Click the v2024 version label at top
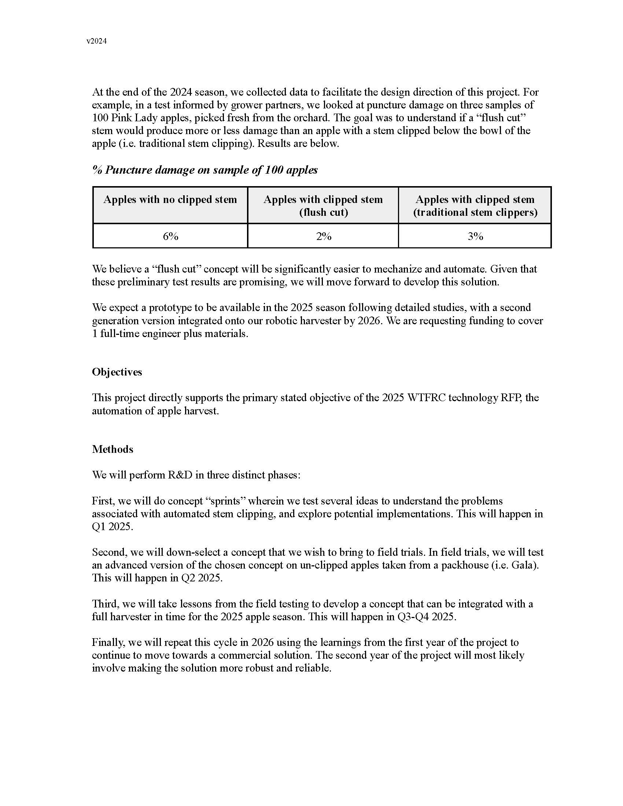97,41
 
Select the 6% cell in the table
170,236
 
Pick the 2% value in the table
324,236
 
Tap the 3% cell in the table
475,236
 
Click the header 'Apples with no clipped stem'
170,200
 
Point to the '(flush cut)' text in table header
324,212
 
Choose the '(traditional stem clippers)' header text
475,212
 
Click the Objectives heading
117,372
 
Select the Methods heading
113,449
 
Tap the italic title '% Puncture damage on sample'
205,170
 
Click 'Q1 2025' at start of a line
111,526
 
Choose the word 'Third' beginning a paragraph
105,604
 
